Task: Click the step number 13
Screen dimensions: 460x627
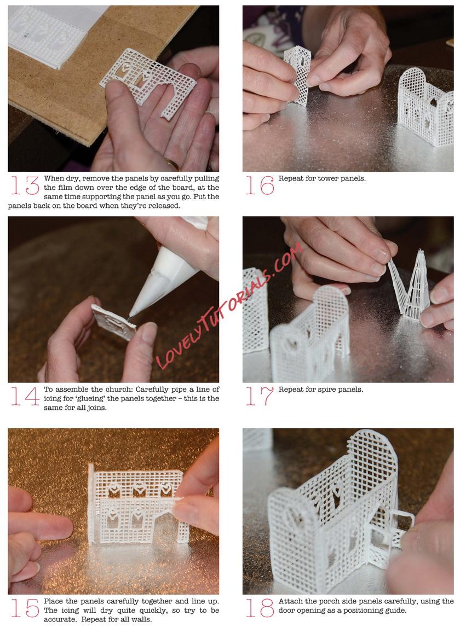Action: [25, 185]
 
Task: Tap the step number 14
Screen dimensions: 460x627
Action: [25, 396]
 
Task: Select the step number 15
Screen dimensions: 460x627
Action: [25, 608]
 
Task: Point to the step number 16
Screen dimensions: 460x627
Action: [260, 185]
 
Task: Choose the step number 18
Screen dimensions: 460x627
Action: [260, 608]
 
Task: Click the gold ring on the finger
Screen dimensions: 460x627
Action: [173, 164]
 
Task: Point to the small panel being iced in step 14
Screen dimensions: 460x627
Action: [114, 322]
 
